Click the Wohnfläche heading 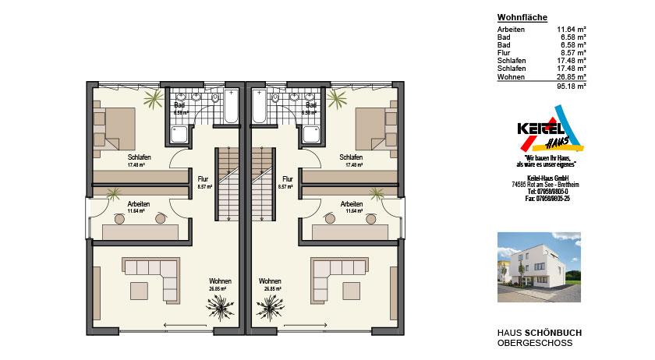522,17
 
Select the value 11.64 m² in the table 571,30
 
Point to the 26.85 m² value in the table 571,77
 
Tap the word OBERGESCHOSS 534,343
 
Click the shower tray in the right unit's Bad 313,136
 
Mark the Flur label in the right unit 287,178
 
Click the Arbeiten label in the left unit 139,203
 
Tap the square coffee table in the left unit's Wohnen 140,290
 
